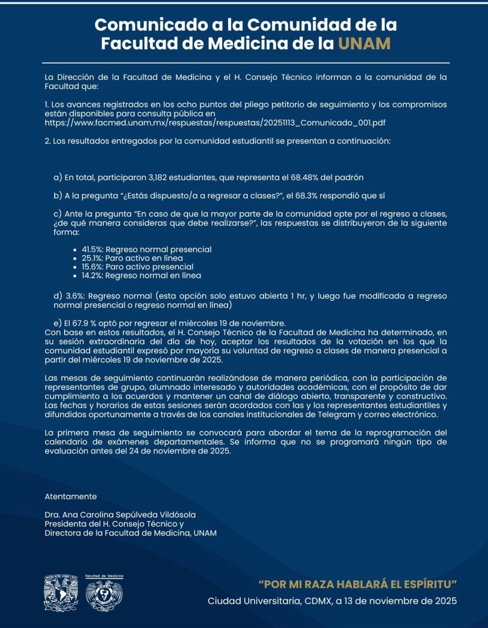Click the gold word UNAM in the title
364,43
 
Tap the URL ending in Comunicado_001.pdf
215,123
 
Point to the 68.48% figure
305,177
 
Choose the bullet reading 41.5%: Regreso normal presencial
146,250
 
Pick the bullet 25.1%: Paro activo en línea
132,258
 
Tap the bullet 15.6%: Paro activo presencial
137,267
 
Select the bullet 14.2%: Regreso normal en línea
141,276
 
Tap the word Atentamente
70,496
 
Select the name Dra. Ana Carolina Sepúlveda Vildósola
120,515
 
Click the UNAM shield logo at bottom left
61,593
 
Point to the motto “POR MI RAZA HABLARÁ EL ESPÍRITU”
357,584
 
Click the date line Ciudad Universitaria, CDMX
332,601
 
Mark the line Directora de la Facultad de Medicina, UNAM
131,533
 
